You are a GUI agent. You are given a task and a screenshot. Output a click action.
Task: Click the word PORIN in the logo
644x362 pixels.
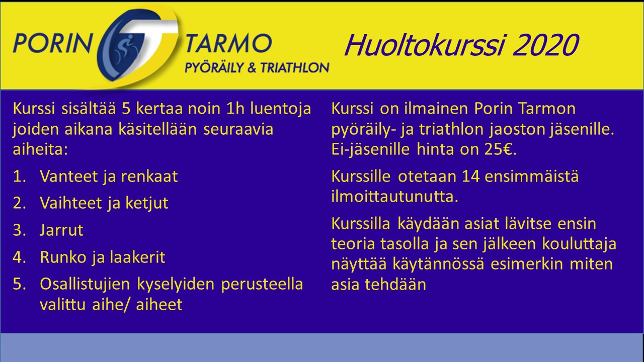coord(52,43)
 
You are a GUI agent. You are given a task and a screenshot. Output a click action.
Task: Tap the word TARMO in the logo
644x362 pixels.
coord(228,43)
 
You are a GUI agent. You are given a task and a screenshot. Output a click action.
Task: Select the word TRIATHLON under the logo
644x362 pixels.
coord(295,68)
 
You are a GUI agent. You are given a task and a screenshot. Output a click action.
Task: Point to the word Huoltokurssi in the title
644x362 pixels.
coord(424,45)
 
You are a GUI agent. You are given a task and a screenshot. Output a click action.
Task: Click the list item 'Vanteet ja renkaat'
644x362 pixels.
coord(109,176)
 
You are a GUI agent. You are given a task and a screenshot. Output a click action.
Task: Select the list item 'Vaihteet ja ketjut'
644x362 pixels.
coord(104,203)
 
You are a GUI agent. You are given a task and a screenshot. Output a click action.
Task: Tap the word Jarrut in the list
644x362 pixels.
coord(61,230)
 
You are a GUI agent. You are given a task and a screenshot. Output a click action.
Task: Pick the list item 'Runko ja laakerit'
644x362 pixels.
coord(102,257)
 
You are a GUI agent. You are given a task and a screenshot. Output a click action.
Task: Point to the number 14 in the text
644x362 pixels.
coord(470,176)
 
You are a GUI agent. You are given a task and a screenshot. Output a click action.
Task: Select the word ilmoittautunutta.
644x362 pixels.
coord(395,197)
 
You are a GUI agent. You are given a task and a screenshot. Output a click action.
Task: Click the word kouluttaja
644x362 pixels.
coord(579,244)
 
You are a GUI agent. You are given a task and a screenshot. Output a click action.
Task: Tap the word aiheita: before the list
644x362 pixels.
coord(40,149)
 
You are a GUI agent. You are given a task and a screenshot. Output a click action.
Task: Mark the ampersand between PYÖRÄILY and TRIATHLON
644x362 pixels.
coord(252,68)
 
